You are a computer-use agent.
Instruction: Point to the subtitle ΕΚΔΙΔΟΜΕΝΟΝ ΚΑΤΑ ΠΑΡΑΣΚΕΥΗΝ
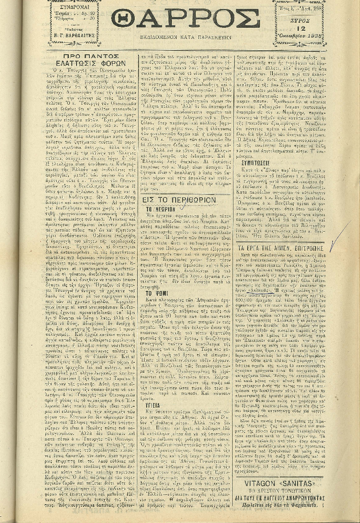pos(186,38)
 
